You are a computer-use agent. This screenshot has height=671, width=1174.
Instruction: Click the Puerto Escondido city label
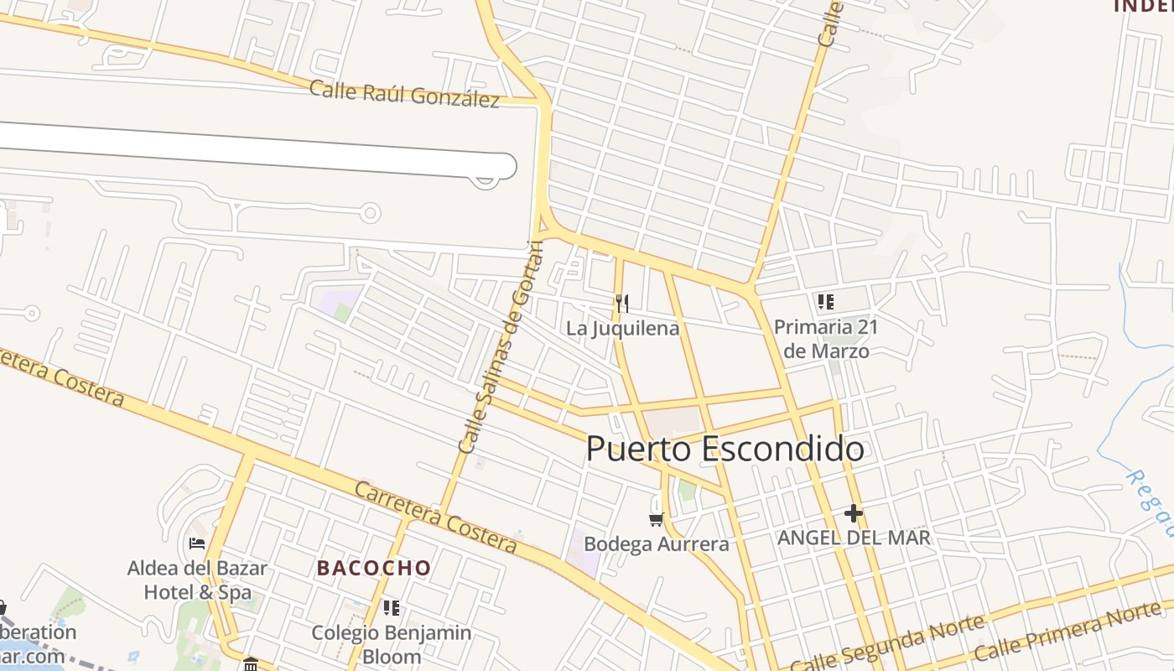pyautogui.click(x=725, y=449)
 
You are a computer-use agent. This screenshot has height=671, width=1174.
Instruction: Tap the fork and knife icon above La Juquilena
pyautogui.click(x=621, y=303)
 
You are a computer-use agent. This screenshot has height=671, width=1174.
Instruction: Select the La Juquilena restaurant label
pyautogui.click(x=622, y=328)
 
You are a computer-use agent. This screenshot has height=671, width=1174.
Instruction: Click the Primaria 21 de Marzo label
pyautogui.click(x=826, y=338)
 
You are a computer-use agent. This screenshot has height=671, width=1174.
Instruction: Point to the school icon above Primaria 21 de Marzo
pyautogui.click(x=826, y=301)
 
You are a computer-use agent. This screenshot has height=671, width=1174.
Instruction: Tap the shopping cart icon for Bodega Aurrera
pyautogui.click(x=657, y=520)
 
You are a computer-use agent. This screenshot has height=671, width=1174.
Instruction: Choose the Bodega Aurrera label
pyautogui.click(x=657, y=544)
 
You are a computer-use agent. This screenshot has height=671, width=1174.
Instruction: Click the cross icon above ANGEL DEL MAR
pyautogui.click(x=854, y=512)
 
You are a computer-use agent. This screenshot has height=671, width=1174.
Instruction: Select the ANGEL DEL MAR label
pyautogui.click(x=854, y=538)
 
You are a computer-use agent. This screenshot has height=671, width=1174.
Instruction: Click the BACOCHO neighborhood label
pyautogui.click(x=374, y=568)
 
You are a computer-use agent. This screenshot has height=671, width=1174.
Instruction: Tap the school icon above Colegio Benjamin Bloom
pyautogui.click(x=391, y=607)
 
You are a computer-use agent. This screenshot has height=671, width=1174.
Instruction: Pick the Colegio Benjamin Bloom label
pyautogui.click(x=392, y=643)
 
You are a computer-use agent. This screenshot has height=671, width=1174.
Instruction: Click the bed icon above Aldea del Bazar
pyautogui.click(x=197, y=544)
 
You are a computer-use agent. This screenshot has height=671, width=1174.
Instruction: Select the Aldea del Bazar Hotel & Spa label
pyautogui.click(x=197, y=580)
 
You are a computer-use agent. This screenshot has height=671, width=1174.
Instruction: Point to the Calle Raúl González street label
pyautogui.click(x=404, y=94)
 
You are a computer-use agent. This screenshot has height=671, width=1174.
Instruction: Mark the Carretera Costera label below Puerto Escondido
pyautogui.click(x=434, y=517)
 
